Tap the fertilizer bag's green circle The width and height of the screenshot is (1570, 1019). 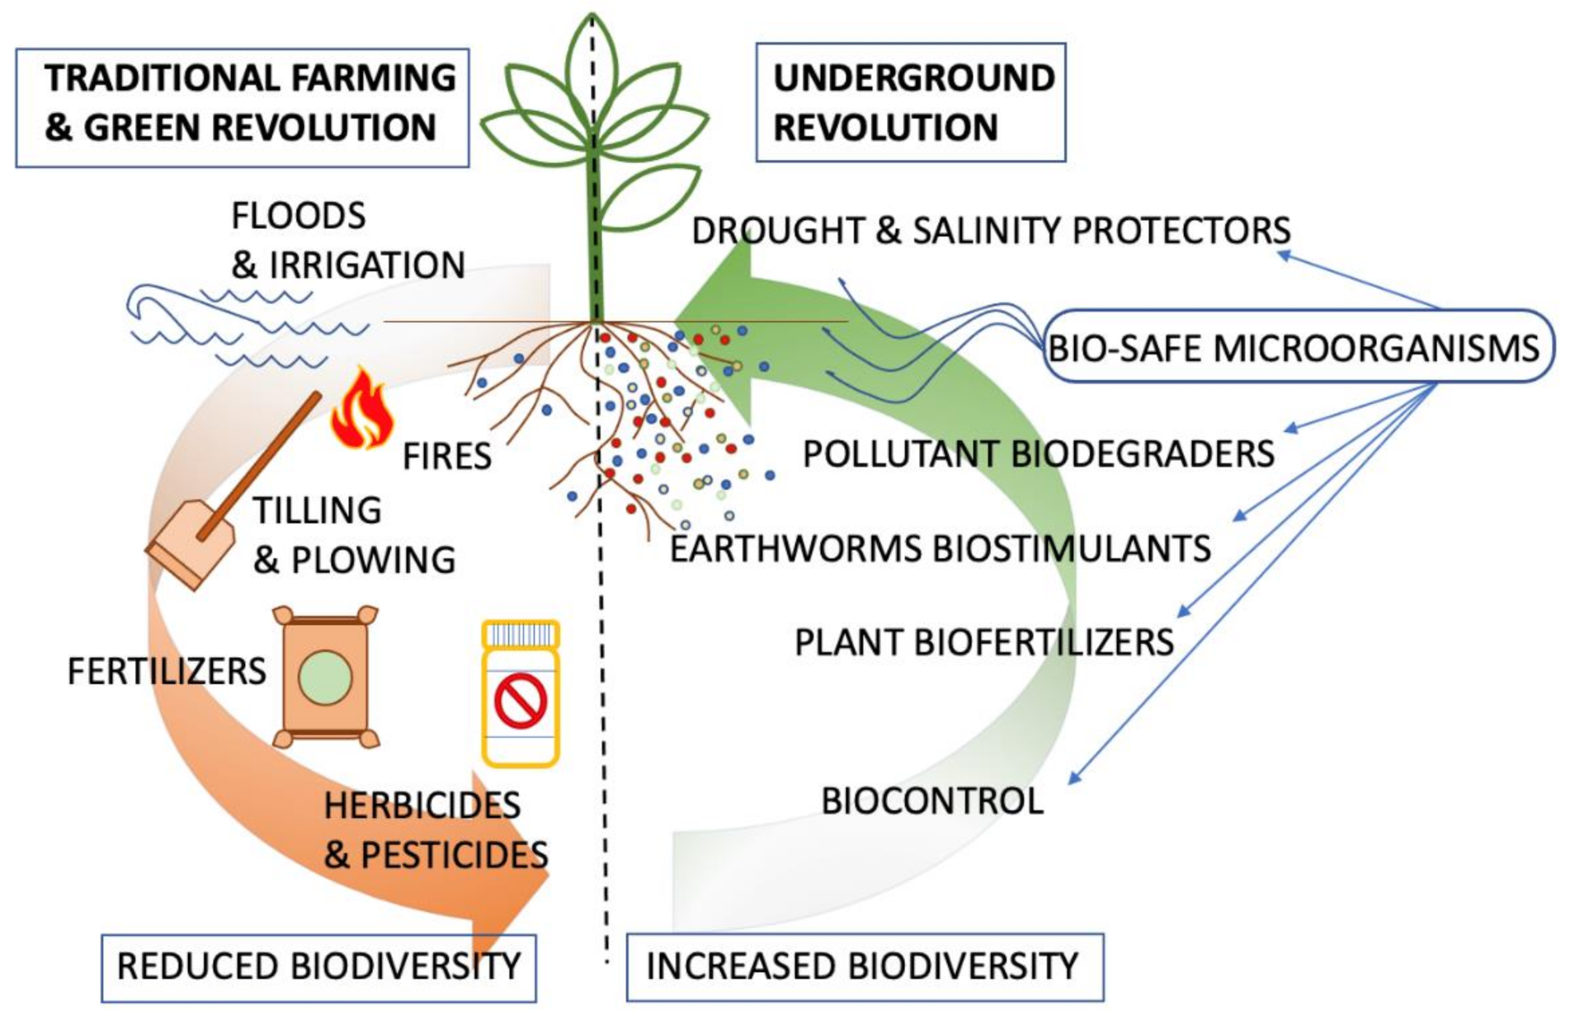(x=325, y=677)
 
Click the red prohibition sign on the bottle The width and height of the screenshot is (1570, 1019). (x=521, y=702)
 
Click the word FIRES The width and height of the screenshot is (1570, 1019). (x=446, y=456)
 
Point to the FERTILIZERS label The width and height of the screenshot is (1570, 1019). (x=167, y=671)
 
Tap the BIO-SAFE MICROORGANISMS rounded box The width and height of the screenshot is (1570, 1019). (x=1298, y=347)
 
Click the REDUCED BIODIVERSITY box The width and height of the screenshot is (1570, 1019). (x=318, y=967)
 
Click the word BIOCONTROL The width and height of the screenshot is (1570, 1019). (x=932, y=801)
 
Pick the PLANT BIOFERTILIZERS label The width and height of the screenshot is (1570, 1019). (x=983, y=642)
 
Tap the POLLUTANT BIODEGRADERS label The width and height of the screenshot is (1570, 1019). (x=1038, y=454)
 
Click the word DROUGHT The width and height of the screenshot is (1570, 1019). (x=778, y=231)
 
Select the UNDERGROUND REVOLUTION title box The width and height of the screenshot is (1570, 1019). (x=911, y=102)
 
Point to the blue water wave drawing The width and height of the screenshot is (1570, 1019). (x=239, y=326)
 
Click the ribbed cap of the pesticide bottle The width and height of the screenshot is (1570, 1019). (x=521, y=634)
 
